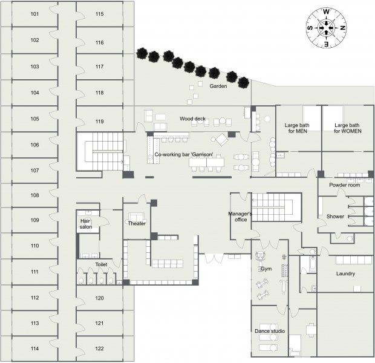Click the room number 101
pyautogui.click(x=34, y=14)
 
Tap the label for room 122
pyautogui.click(x=99, y=348)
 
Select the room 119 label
pyautogui.click(x=99, y=122)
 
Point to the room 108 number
pyautogui.click(x=34, y=195)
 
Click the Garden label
pyautogui.click(x=218, y=86)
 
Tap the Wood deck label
pyautogui.click(x=192, y=119)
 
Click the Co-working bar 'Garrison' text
pyautogui.click(x=184, y=154)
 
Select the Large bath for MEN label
pyautogui.click(x=297, y=128)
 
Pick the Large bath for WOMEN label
pyautogui.click(x=347, y=128)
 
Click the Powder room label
pyautogui.click(x=344, y=185)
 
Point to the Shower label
pyautogui.click(x=335, y=217)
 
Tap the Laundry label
pyautogui.click(x=345, y=273)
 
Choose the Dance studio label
pyautogui.click(x=270, y=331)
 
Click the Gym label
pyautogui.click(x=266, y=269)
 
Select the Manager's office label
pyautogui.click(x=240, y=217)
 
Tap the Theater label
pyautogui.click(x=137, y=223)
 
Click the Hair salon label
pyautogui.click(x=86, y=224)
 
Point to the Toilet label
pyautogui.click(x=101, y=264)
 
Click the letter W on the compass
pyautogui.click(x=326, y=11)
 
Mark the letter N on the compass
pyautogui.click(x=343, y=28)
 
